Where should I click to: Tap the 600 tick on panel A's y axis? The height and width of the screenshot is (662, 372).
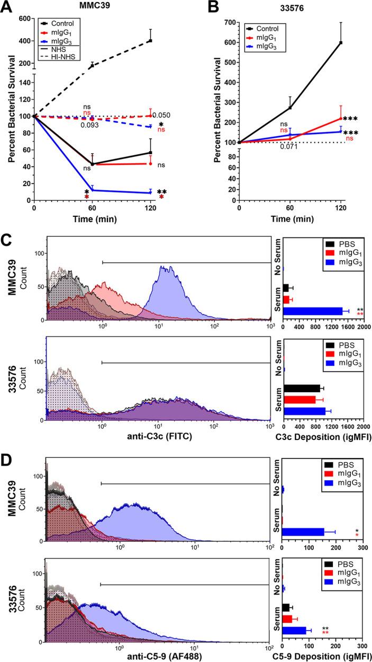(x=23, y=19)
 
